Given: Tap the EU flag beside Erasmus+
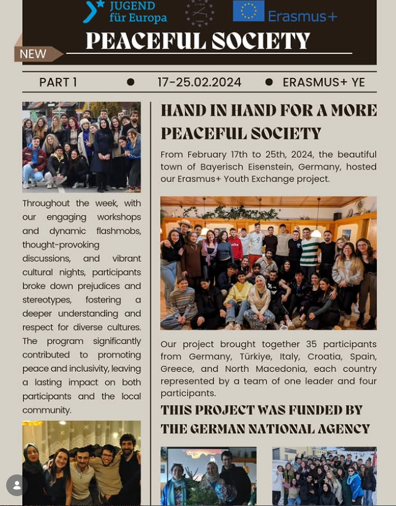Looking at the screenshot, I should (248, 11).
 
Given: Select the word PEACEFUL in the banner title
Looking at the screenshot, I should (146, 41).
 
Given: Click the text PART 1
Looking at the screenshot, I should (58, 82).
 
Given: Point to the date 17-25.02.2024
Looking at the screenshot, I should (199, 82).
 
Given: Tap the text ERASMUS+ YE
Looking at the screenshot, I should (324, 82).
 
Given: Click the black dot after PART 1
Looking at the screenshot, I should (131, 82).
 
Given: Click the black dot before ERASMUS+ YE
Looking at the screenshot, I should (269, 82).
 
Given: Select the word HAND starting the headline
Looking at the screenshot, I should (182, 111).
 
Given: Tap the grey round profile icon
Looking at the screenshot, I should (17, 485).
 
